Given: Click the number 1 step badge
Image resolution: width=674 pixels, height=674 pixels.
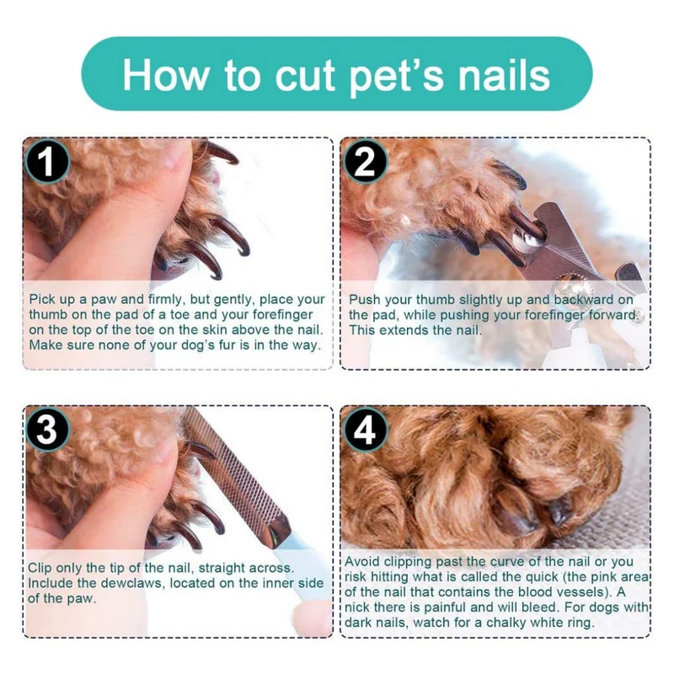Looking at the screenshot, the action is [47, 162].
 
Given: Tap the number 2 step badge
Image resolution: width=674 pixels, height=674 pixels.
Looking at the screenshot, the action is [365, 162].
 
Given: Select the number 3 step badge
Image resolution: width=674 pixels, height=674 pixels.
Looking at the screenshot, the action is [47, 430].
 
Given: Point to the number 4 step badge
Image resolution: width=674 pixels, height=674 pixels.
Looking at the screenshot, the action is [365, 430].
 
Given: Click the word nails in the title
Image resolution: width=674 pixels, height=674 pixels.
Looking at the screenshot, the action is [502, 75].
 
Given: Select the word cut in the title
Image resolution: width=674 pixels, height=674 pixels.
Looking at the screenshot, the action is [305, 78].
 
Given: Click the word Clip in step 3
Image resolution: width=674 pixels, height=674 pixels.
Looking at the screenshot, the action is [40, 568].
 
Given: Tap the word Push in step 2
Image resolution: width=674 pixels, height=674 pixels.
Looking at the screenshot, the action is [364, 300].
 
